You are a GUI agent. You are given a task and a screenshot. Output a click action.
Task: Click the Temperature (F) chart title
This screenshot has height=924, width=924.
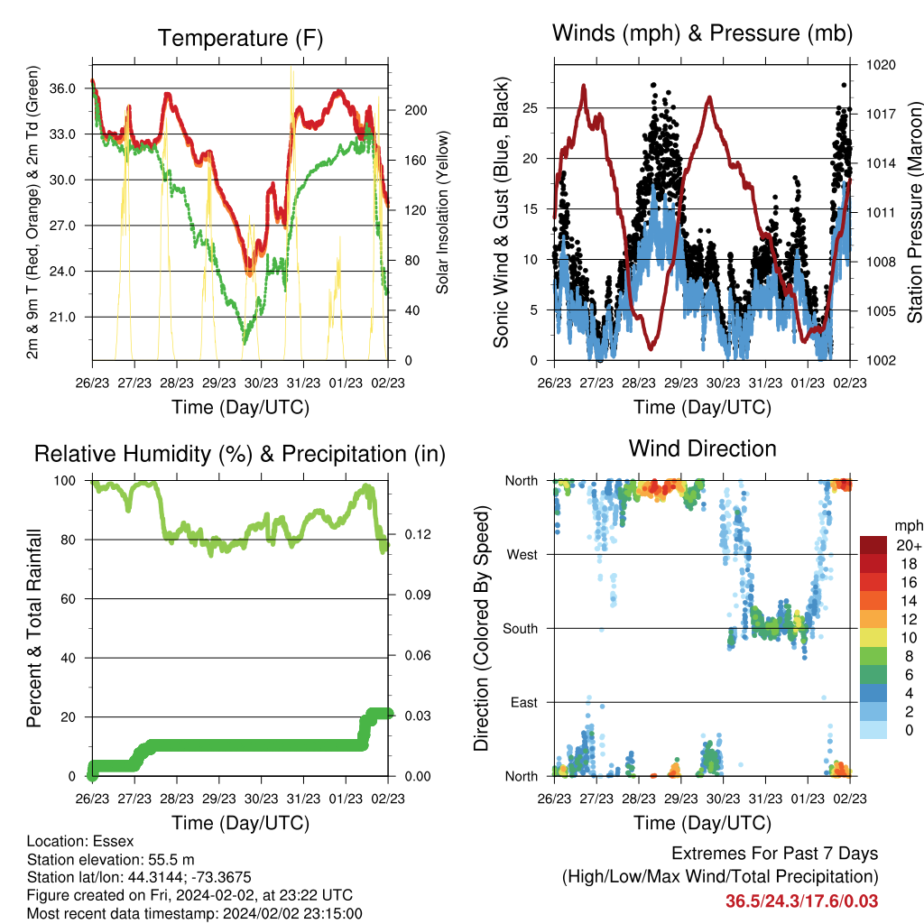coord(240,38)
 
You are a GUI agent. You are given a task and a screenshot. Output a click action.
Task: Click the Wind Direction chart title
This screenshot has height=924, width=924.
coord(702,448)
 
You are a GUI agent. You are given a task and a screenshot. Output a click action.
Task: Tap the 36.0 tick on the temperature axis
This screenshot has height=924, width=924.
coord(62,88)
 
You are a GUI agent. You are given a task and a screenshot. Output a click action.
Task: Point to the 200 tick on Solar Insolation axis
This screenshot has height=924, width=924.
coord(415,110)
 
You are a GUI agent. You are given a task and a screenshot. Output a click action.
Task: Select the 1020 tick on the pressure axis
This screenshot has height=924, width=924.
coord(881,65)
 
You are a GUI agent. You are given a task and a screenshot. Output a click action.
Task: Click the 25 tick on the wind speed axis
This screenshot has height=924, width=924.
coord(530,108)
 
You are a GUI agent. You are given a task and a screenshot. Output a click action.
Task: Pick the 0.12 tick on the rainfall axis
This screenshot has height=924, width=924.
coord(418,534)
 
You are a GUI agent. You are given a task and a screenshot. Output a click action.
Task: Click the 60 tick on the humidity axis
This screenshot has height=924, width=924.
coord(69,599)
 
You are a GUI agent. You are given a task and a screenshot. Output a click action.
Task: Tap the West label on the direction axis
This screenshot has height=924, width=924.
coord(522,555)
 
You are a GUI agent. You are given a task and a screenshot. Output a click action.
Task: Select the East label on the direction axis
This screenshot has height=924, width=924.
coord(524,702)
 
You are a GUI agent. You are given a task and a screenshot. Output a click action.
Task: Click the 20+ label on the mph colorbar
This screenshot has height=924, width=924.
coord(909,545)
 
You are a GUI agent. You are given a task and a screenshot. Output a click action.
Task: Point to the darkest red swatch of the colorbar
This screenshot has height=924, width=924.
coord(873,545)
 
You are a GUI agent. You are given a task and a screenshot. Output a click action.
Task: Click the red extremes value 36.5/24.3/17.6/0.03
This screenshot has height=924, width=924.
coord(801,901)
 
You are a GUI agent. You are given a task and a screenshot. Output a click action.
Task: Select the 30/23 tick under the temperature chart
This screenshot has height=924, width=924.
coord(261,383)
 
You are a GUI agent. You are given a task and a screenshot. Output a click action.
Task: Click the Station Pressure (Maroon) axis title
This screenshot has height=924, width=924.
coord(914,212)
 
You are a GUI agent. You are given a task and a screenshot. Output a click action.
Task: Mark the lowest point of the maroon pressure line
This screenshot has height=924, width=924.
coord(651,349)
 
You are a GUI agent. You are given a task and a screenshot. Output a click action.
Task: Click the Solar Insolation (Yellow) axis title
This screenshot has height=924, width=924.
coord(442,212)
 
